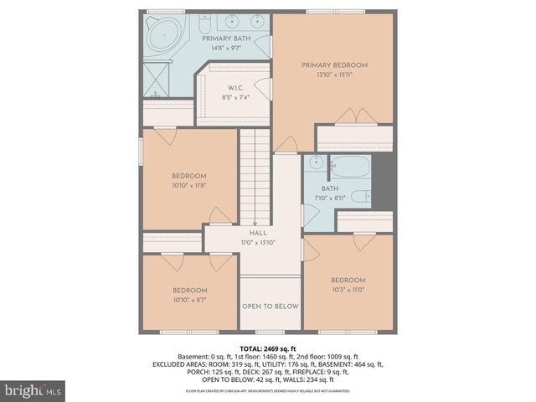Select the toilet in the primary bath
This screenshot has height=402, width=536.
tap(205, 28)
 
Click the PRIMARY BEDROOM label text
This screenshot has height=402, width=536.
tap(334, 64)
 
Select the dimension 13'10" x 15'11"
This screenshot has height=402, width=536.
tap(334, 75)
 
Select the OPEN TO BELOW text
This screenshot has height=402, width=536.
tap(270, 307)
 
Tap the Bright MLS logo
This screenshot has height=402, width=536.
tap(33, 390)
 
